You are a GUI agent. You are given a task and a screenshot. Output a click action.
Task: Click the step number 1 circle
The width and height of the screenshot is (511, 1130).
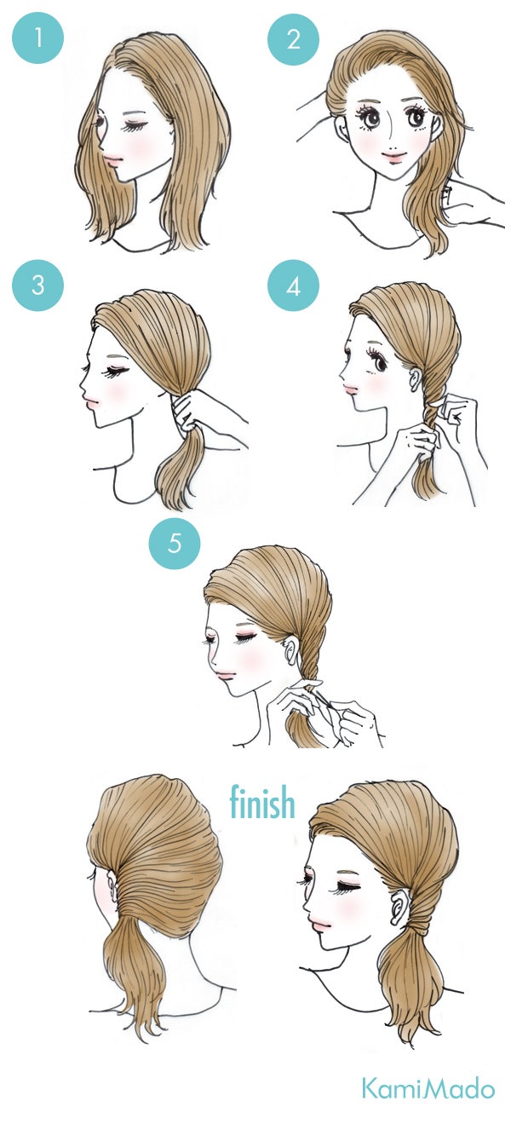click(x=37, y=38)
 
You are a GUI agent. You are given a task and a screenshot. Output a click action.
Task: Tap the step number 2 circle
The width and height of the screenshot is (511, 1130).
click(x=293, y=38)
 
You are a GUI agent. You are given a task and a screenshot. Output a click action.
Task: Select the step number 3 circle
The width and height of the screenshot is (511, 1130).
click(x=37, y=285)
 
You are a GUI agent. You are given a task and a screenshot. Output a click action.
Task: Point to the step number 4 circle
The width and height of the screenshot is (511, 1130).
click(x=293, y=285)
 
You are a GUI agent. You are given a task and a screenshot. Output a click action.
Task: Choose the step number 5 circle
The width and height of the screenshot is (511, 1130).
click(x=174, y=542)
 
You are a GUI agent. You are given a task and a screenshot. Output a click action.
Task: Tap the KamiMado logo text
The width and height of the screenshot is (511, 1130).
click(x=428, y=1087)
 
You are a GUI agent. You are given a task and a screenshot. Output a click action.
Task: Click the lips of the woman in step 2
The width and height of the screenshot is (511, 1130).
click(x=393, y=157)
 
